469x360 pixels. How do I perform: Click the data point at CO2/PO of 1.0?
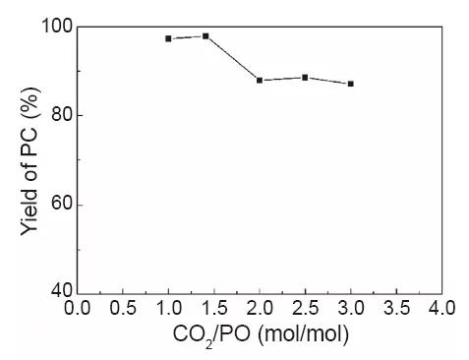pyautogui.click(x=168, y=38)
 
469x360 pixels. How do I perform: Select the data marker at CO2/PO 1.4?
pyautogui.click(x=205, y=35)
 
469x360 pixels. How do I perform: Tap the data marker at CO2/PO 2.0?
pyautogui.click(x=260, y=80)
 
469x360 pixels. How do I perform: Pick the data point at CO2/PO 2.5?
pyautogui.click(x=305, y=77)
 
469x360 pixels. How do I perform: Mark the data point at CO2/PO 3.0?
pyautogui.click(x=350, y=84)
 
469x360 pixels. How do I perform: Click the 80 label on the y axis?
pyautogui.click(x=60, y=115)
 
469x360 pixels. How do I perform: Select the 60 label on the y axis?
pyautogui.click(x=60, y=205)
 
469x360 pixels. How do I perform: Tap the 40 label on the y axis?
pyautogui.click(x=60, y=292)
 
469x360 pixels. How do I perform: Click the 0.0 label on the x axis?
pyautogui.click(x=78, y=308)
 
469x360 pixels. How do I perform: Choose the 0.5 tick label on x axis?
pyautogui.click(x=123, y=308)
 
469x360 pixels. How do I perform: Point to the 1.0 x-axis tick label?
pyautogui.click(x=168, y=308)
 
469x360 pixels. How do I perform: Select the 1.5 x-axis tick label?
pyautogui.click(x=214, y=308)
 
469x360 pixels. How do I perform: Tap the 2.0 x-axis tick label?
pyautogui.click(x=260, y=308)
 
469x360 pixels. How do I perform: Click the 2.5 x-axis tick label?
pyautogui.click(x=305, y=308)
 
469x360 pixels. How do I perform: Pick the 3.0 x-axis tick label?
pyautogui.click(x=350, y=308)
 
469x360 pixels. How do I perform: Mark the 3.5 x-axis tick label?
pyautogui.click(x=395, y=308)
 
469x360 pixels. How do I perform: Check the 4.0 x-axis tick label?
pyautogui.click(x=440, y=308)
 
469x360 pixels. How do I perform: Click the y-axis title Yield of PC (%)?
pyautogui.click(x=29, y=159)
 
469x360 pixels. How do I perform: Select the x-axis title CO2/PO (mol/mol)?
pyautogui.click(x=260, y=334)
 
